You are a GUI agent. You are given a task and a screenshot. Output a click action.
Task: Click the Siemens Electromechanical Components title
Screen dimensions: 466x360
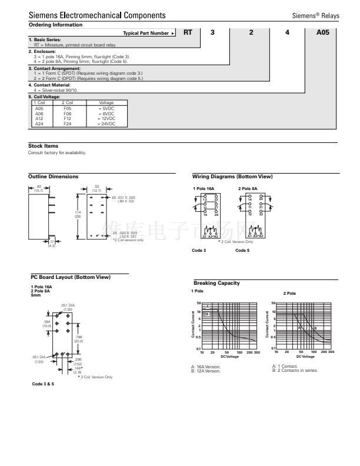tap(97, 15)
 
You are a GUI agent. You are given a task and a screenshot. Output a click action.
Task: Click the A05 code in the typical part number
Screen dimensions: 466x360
tap(323, 33)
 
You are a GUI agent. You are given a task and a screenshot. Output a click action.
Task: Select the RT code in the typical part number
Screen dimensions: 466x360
tap(188, 33)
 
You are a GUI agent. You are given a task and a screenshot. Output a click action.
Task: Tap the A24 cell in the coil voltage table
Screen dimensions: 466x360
tap(39, 124)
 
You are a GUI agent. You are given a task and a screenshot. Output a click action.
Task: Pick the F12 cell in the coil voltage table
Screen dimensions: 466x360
tap(68, 120)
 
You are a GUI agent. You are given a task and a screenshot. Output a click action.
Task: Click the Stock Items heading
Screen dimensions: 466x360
tap(43, 146)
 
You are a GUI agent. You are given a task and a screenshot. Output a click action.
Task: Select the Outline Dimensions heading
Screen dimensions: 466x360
tap(53, 177)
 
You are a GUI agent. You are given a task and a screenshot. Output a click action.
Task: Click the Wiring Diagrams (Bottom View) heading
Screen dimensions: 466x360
tap(232, 177)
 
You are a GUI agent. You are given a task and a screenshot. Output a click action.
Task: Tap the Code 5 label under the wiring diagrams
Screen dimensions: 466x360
tap(242, 250)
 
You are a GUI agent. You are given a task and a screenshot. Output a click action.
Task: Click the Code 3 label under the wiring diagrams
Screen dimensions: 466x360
tap(199, 250)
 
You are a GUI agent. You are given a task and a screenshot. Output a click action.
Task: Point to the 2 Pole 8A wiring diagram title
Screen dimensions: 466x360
tap(248, 188)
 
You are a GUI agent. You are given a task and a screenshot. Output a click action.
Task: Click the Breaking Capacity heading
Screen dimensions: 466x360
tap(216, 283)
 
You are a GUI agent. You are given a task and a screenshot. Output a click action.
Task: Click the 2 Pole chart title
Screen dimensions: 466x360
tap(289, 293)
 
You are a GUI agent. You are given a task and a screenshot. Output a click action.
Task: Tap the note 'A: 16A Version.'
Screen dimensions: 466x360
tap(206, 367)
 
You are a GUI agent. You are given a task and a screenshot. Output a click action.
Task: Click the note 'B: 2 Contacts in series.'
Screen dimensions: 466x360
tap(295, 370)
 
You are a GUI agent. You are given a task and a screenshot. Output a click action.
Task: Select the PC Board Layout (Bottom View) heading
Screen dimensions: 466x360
tap(71, 277)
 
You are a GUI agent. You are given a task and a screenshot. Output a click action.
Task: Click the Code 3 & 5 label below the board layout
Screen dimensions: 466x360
tap(43, 383)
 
